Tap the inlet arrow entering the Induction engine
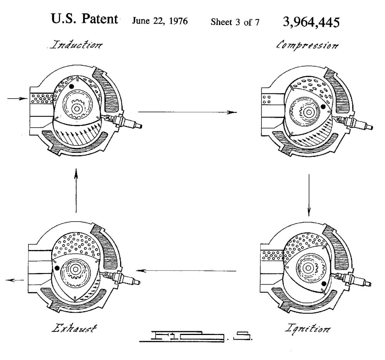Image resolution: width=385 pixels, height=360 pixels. pos(15,99)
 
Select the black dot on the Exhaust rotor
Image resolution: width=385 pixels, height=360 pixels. pos(57,267)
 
